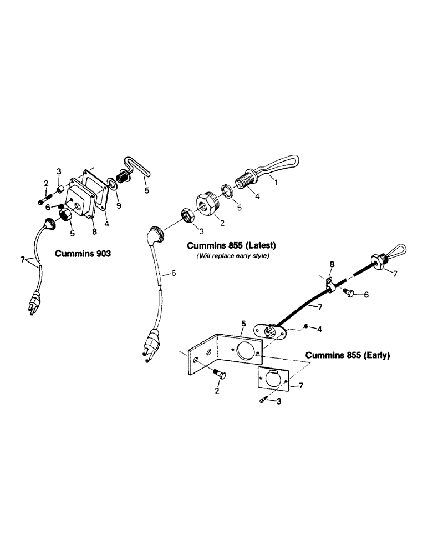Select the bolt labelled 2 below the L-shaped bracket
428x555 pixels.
pos(217,376)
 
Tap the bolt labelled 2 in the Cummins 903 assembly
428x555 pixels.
pos(44,199)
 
